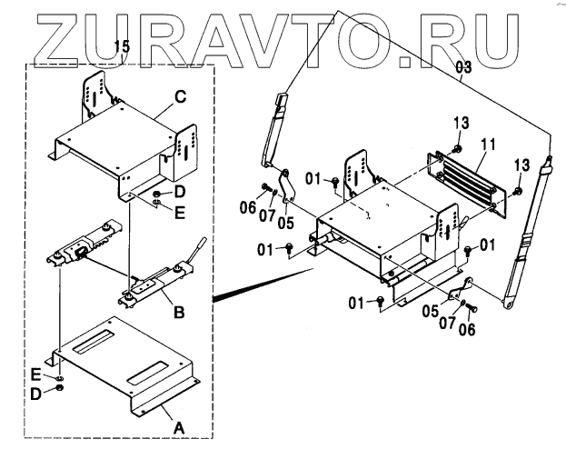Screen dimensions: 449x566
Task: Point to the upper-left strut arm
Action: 273,127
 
